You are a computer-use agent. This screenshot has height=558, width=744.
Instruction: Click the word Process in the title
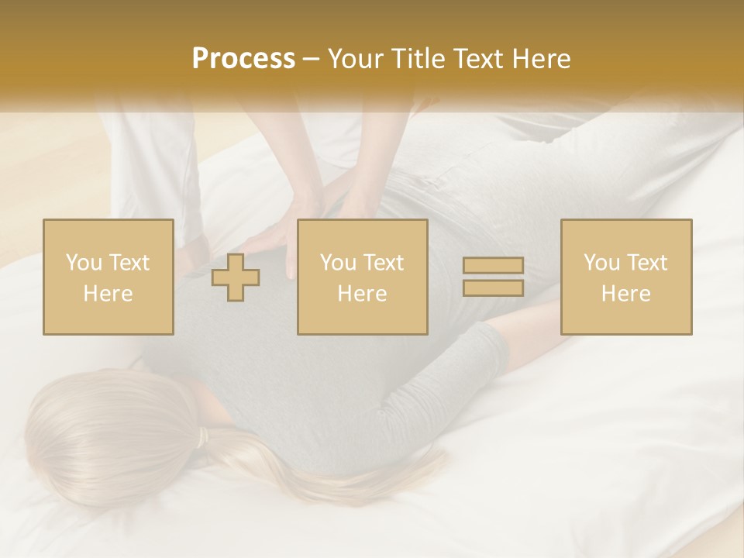click(243, 59)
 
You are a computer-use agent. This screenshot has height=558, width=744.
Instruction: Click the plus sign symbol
click(236, 277)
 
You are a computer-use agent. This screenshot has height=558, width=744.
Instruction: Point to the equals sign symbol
click(493, 277)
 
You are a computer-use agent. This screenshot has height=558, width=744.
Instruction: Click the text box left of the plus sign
click(108, 277)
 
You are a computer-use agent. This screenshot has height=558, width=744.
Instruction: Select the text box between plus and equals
click(362, 277)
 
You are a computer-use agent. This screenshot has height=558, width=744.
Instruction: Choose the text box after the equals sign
click(625, 277)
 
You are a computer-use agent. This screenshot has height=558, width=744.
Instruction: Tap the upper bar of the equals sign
click(493, 267)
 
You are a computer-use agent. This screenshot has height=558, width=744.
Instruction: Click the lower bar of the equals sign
click(493, 288)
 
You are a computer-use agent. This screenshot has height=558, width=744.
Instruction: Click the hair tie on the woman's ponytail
click(203, 439)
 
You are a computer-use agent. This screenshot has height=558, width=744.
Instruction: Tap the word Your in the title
click(353, 59)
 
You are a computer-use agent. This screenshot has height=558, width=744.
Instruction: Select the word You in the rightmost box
click(601, 263)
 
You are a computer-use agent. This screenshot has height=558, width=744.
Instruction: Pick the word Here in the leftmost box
click(108, 294)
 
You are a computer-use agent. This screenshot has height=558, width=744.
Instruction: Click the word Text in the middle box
click(384, 263)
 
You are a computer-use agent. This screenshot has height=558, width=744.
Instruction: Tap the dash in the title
click(312, 59)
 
